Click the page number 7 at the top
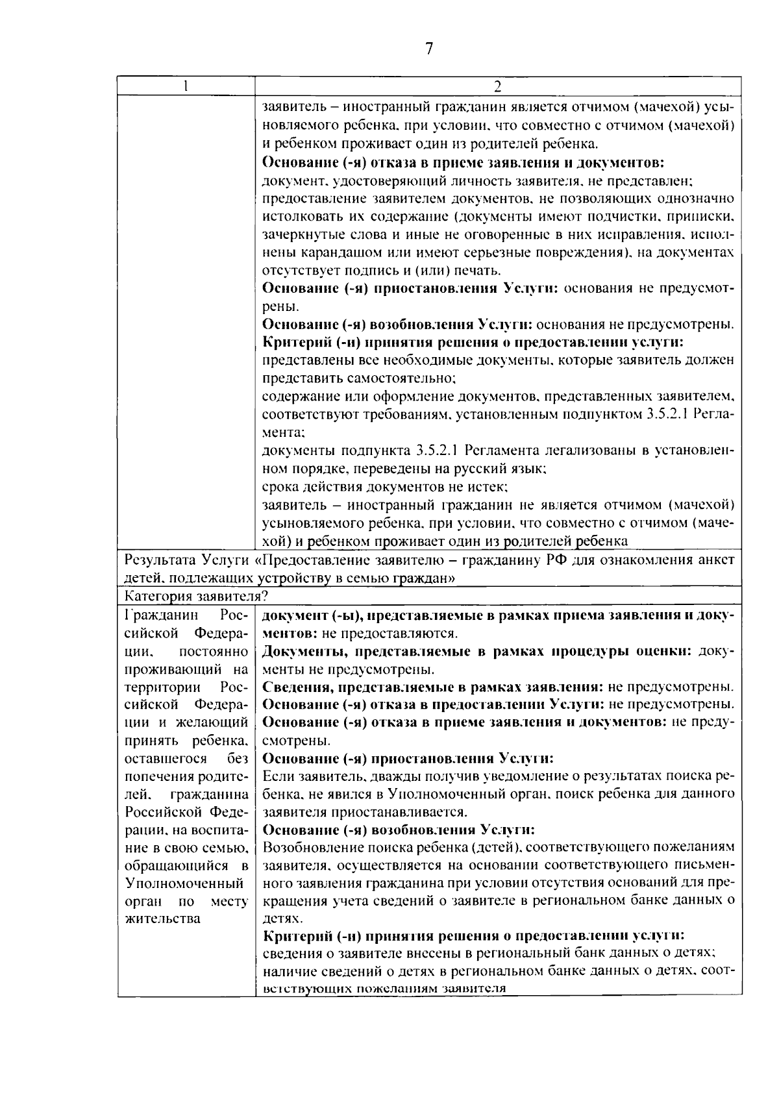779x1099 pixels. pos(428,49)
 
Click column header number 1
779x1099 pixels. pos(186,86)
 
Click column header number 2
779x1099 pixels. pos(497,86)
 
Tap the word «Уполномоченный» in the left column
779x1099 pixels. pos(184,883)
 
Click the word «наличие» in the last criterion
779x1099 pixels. pos(287,972)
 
